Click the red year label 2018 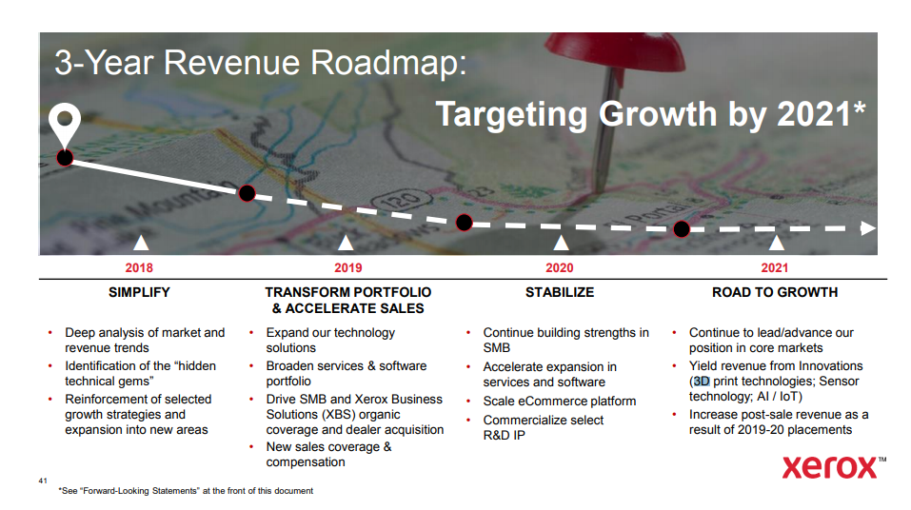click(139, 267)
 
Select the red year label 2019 click(348, 267)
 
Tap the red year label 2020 click(560, 267)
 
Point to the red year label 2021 click(775, 267)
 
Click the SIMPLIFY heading click(139, 292)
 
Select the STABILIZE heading click(560, 292)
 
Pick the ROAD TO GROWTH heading click(775, 292)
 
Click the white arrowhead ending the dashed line click(868, 228)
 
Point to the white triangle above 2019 click(346, 243)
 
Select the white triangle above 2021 click(776, 243)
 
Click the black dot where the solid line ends click(247, 193)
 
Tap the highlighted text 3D click(702, 381)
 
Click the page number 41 click(43, 481)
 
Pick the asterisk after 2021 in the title click(860, 108)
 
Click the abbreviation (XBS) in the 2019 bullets click(338, 415)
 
